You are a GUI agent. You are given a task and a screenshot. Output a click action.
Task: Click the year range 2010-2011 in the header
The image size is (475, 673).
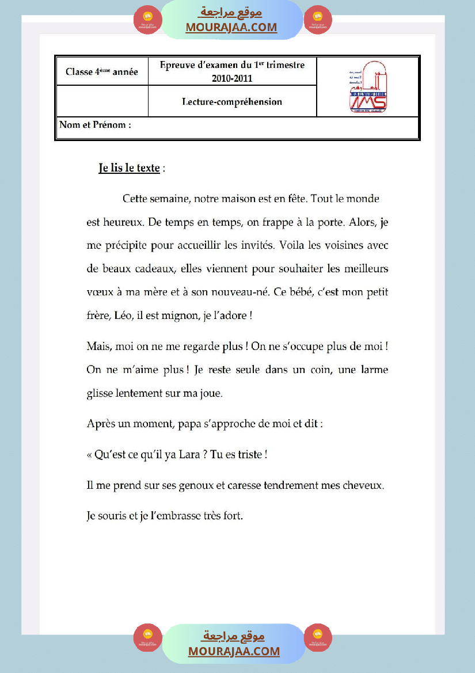tap(232, 78)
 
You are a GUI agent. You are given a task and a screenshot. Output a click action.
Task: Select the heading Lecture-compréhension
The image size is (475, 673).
tap(232, 102)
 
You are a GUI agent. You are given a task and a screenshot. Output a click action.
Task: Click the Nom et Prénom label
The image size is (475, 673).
tap(95, 125)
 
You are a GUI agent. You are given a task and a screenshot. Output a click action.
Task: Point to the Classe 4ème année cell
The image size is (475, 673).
tap(102, 72)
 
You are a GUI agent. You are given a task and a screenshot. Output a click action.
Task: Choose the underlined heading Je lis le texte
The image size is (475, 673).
tap(130, 168)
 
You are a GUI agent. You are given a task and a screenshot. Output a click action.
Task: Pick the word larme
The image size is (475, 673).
tap(373, 370)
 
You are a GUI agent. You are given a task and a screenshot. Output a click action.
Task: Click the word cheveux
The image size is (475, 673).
tap(362, 485)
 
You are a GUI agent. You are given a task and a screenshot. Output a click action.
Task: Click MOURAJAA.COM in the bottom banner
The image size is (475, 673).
tap(234, 651)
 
